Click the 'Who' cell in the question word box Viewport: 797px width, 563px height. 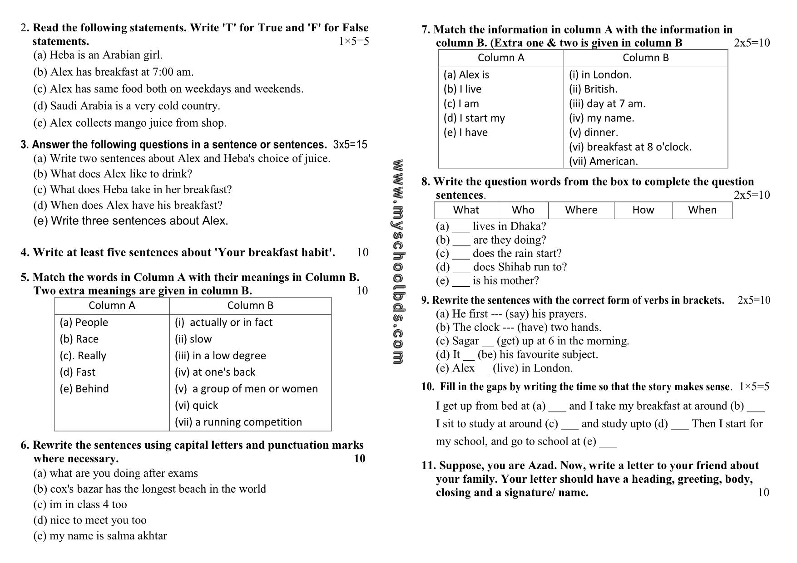(x=523, y=210)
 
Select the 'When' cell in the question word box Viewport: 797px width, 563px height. (x=702, y=210)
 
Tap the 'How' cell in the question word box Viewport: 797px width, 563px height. (x=643, y=210)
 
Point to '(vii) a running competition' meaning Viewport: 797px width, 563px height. (x=238, y=422)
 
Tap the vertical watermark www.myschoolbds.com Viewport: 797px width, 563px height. (x=398, y=262)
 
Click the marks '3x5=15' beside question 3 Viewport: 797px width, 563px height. (x=350, y=145)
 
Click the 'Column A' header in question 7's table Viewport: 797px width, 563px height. (x=500, y=58)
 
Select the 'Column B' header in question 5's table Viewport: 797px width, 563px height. (x=250, y=306)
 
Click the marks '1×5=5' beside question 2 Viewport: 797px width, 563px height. (x=353, y=42)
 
